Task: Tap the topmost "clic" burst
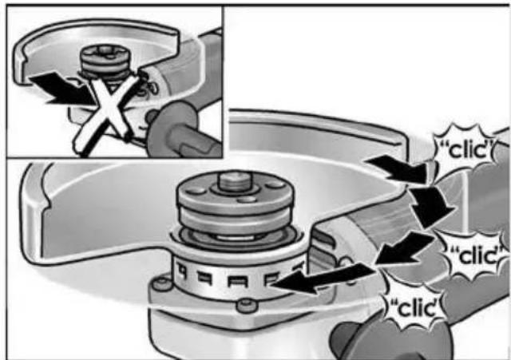pyautogui.click(x=466, y=148)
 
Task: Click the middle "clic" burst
pyautogui.click(x=477, y=255)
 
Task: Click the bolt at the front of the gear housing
pyautogui.click(x=247, y=305)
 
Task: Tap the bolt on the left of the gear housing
pyautogui.click(x=162, y=283)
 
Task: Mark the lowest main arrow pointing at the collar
pyautogui.click(x=321, y=278)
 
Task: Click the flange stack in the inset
pyautogui.click(x=105, y=62)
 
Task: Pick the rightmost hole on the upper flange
pyautogui.click(x=275, y=185)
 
